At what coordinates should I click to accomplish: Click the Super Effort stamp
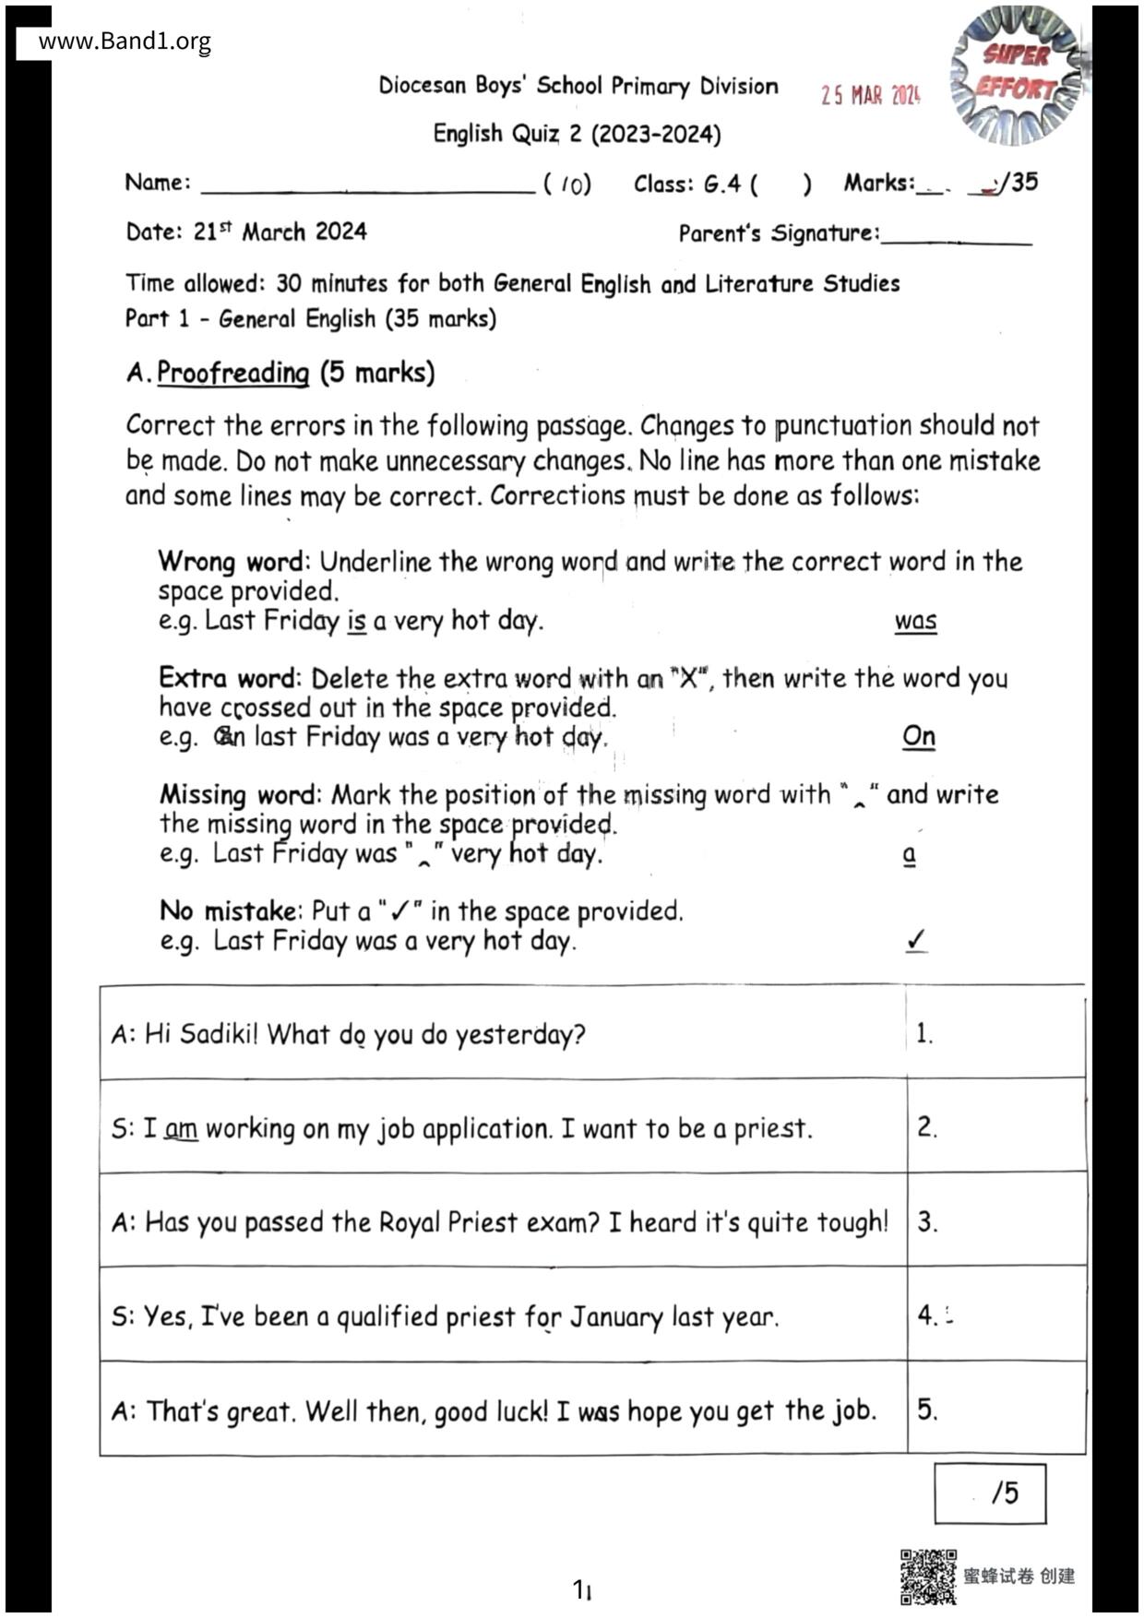(x=1017, y=74)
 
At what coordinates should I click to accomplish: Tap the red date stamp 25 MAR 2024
(x=870, y=95)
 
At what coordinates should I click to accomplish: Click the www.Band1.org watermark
(x=125, y=42)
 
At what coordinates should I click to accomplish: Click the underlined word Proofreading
(x=232, y=373)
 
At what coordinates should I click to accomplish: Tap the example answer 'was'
(x=915, y=621)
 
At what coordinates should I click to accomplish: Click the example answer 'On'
(x=918, y=736)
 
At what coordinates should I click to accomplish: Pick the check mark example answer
(x=916, y=940)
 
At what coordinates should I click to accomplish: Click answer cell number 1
(x=995, y=1032)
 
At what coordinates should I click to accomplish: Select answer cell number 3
(x=995, y=1220)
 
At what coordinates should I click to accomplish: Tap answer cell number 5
(x=995, y=1409)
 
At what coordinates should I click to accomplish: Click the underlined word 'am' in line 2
(x=182, y=1128)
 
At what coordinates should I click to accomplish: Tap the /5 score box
(x=990, y=1493)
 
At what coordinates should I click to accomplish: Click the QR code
(x=927, y=1576)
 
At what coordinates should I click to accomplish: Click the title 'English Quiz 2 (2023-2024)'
(x=577, y=135)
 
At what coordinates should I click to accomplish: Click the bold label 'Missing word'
(x=238, y=794)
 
